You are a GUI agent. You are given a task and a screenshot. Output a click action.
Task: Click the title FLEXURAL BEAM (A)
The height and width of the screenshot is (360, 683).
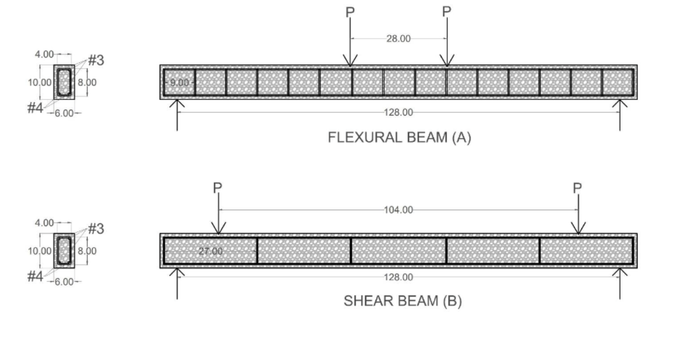[x=399, y=138]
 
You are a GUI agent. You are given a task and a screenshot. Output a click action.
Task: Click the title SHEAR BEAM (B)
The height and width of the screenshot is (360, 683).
[x=403, y=301]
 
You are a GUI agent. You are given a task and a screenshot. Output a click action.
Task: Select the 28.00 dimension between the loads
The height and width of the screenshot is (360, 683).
[x=399, y=39]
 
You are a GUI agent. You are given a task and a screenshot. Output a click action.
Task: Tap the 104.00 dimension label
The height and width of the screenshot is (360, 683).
[x=398, y=210]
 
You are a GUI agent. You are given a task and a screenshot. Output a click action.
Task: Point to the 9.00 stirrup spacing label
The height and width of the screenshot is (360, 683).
[x=179, y=83]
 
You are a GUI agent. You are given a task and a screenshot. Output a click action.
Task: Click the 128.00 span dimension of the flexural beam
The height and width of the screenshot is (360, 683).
[x=399, y=112]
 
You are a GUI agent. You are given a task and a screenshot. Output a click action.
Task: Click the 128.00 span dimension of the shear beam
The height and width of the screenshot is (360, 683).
[x=399, y=277]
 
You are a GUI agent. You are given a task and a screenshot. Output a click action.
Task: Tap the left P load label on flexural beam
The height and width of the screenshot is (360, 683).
[x=350, y=12]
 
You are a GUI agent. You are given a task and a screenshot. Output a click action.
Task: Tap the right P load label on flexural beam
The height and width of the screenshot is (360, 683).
[x=446, y=12]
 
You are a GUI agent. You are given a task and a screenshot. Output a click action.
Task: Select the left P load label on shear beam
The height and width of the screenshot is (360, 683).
[x=217, y=188]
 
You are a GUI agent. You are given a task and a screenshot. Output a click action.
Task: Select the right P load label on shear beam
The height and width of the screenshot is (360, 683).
[x=578, y=188]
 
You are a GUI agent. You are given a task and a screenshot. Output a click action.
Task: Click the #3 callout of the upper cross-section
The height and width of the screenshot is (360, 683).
[x=96, y=61]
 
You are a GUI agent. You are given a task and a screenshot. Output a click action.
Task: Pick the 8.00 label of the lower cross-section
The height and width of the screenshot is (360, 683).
[x=87, y=251]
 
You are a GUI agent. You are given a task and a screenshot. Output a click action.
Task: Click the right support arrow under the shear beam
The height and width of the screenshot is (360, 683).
[x=619, y=283]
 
